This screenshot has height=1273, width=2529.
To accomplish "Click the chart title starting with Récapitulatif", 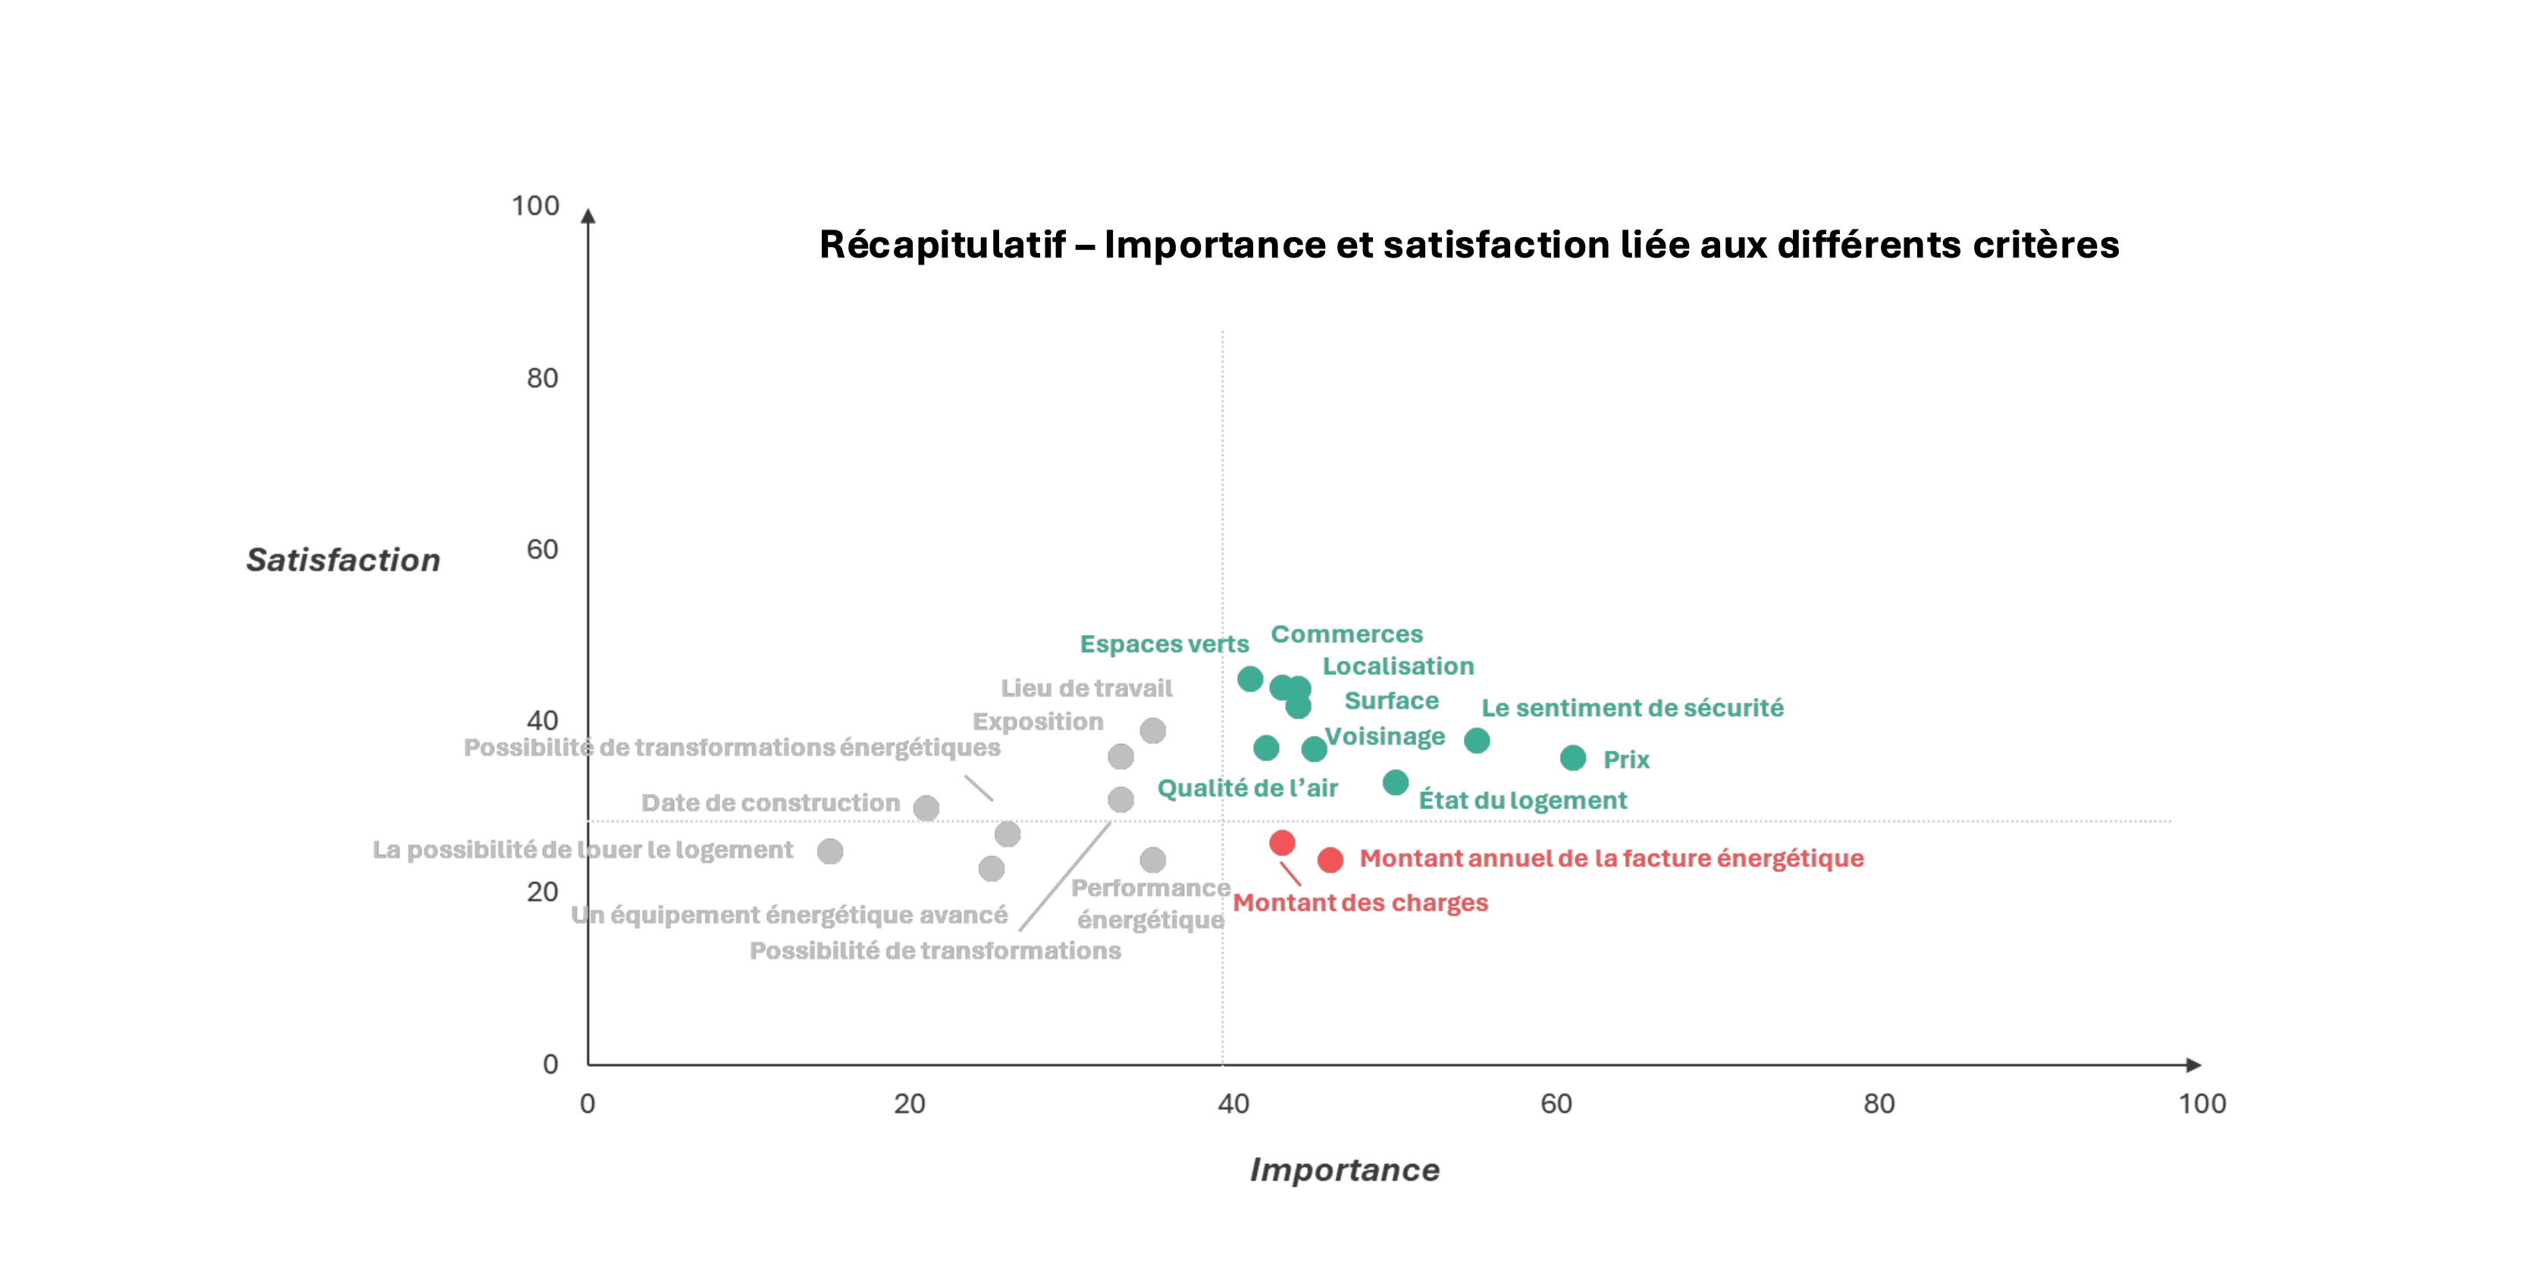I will coord(1468,245).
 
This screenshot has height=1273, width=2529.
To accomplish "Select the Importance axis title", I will coord(1344,1169).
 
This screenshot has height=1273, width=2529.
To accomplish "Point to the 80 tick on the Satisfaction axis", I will coord(542,378).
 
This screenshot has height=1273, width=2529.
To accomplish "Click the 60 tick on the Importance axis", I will coord(1556,1103).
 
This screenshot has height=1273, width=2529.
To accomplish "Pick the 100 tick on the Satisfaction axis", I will coord(535,206).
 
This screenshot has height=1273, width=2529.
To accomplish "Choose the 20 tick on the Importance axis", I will coord(909,1103).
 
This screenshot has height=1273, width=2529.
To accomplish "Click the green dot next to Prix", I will coord(1573,758).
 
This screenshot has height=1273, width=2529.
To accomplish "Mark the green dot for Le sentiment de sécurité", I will coord(1477,740).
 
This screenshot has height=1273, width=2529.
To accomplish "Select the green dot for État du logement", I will coord(1395,782).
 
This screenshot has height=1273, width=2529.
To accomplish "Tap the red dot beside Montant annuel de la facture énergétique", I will coord(1330,860).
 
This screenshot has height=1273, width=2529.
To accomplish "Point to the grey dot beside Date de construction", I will coord(926,808).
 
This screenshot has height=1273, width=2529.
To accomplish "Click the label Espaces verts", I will coord(1164,644).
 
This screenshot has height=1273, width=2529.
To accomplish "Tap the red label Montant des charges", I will coord(1360,903).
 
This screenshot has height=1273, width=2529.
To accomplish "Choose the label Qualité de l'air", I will coord(1247,788).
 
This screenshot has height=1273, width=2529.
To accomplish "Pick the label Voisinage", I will coord(1384,736).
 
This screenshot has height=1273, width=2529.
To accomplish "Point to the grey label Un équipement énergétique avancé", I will coord(789,915).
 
